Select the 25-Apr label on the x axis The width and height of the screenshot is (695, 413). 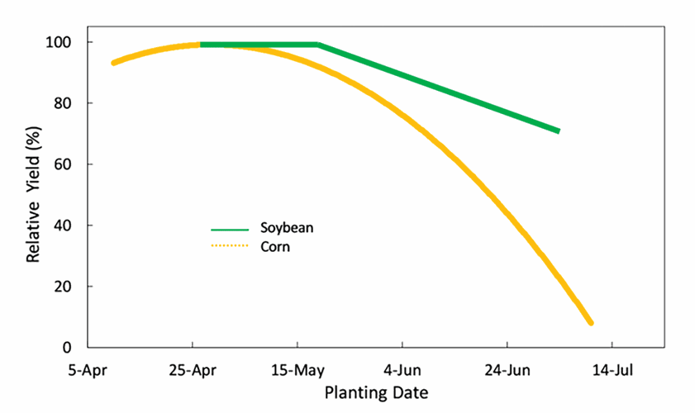click(x=193, y=371)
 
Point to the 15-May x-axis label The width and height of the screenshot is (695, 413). click(x=298, y=371)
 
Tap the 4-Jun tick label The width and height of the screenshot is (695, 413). click(x=402, y=371)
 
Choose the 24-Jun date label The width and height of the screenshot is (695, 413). click(x=507, y=371)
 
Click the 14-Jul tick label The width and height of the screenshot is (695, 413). click(x=612, y=371)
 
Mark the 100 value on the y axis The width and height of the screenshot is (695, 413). click(x=67, y=42)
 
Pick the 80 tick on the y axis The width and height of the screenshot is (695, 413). click(x=70, y=103)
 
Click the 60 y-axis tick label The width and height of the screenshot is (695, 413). click(x=70, y=164)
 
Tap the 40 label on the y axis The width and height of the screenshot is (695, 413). click(x=70, y=225)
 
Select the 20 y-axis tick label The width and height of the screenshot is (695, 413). click(x=70, y=287)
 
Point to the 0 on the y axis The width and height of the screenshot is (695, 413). click(x=74, y=348)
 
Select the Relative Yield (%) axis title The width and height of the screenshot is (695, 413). click(x=33, y=195)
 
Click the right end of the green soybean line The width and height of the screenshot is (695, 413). click(x=558, y=131)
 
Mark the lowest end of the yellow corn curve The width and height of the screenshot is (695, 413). click(x=590, y=322)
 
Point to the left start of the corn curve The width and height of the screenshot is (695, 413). click(x=114, y=63)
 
